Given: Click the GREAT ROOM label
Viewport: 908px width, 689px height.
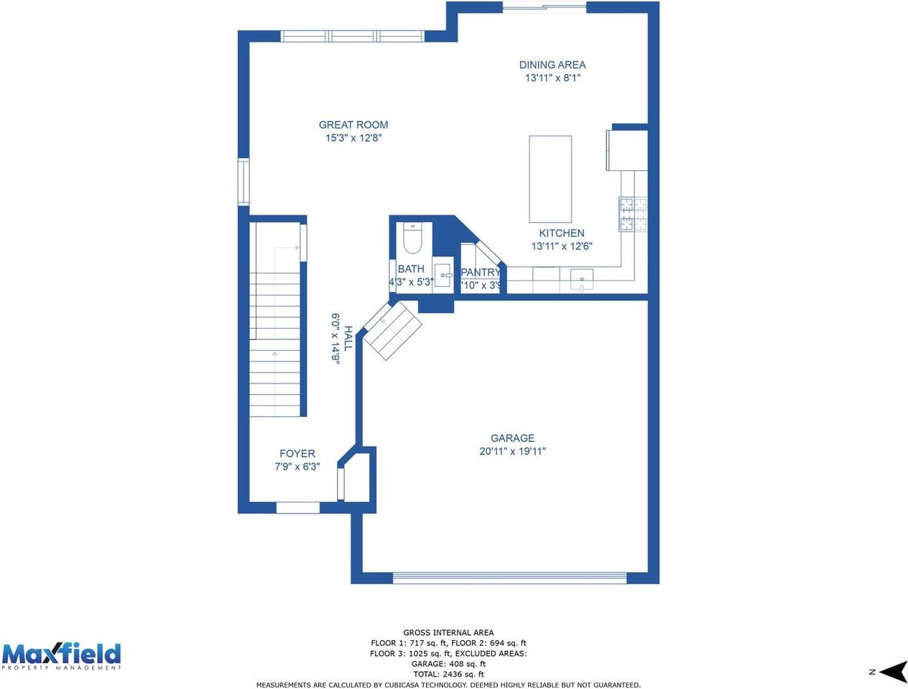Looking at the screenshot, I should [353, 125].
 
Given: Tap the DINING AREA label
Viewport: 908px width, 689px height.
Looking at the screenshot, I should [552, 65].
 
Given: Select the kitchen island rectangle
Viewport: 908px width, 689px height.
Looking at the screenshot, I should [550, 179].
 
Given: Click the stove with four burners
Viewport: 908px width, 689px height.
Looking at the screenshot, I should [633, 214].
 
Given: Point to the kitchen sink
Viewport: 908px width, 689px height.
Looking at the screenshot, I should [581, 278].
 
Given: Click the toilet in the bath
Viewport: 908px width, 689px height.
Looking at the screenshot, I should [412, 239].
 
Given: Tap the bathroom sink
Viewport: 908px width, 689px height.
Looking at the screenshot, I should [443, 275].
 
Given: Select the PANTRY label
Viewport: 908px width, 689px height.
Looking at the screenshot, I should [480, 272].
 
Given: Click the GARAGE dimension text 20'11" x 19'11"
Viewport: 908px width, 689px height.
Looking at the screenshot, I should [512, 451].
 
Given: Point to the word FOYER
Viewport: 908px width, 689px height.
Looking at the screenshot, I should [297, 454].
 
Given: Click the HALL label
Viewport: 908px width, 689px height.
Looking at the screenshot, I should [348, 338].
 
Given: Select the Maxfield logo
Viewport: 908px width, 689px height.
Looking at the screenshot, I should [61, 656].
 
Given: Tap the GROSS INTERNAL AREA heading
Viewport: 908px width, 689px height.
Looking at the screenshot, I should [448, 633].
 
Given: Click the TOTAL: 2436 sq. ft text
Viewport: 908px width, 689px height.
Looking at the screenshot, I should [448, 674].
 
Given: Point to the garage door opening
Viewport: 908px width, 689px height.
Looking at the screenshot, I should [509, 577].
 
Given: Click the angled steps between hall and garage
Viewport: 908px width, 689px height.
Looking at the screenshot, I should [392, 331].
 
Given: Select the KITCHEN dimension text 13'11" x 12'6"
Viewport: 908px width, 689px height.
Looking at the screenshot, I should [561, 246].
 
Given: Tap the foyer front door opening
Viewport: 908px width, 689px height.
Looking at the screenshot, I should [297, 507].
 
